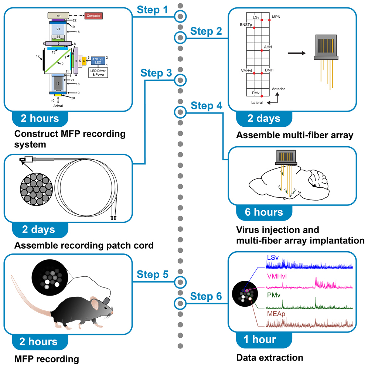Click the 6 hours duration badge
pyautogui.click(x=264, y=212)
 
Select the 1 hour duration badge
pyautogui.click(x=260, y=340)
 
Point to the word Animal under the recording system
pyautogui.click(x=58, y=105)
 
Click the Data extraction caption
pyautogui.click(x=269, y=358)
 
